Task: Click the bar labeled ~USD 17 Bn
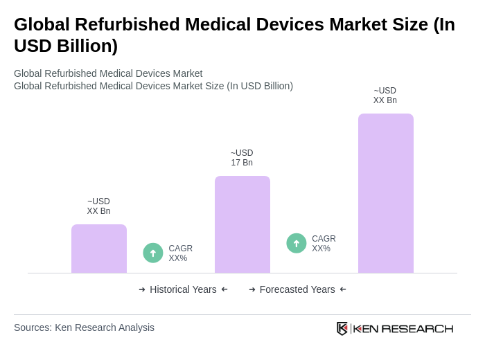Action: [242, 224]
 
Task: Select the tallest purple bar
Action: [385, 193]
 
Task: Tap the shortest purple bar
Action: [98, 249]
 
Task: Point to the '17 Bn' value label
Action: [242, 163]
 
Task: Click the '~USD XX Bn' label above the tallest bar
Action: [385, 96]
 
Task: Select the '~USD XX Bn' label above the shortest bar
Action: [98, 206]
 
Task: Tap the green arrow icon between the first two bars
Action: [153, 253]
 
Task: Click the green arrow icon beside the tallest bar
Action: [297, 243]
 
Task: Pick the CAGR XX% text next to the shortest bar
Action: [180, 253]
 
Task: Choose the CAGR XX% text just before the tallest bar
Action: [324, 244]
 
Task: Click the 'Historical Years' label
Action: [183, 289]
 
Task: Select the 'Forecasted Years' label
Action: [297, 289]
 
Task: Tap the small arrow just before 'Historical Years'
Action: [142, 289]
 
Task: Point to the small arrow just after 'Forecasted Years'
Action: [343, 289]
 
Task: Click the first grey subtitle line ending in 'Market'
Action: [108, 73]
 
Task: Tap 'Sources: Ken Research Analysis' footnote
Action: [84, 327]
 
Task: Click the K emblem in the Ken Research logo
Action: [342, 328]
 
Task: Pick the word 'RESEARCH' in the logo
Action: [417, 328]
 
